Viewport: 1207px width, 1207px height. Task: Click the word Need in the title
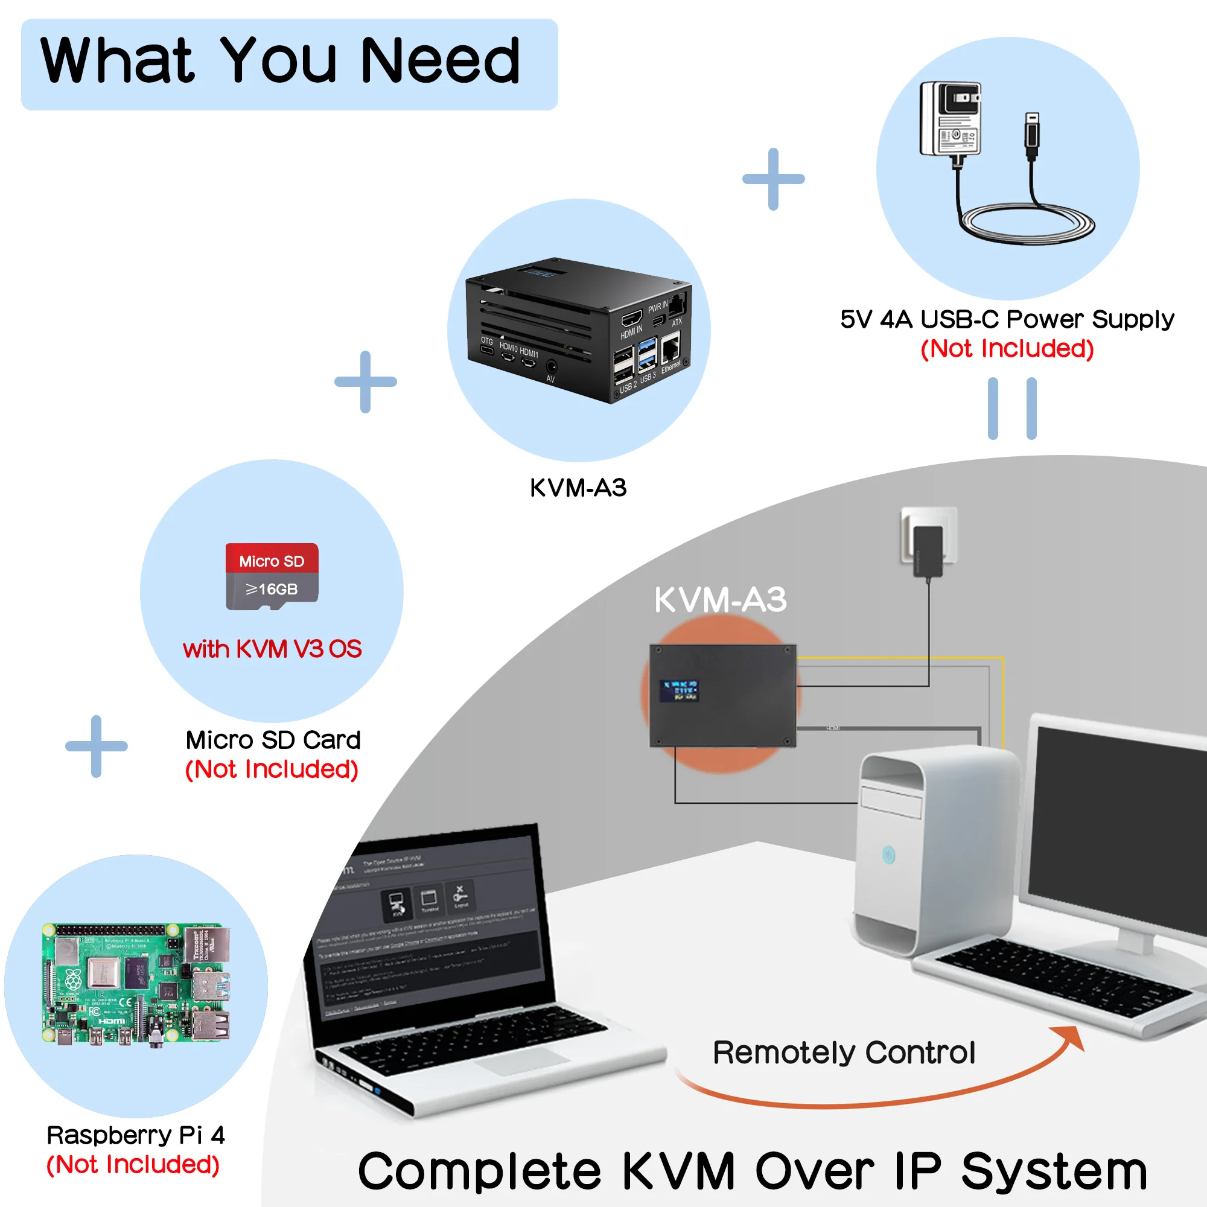[x=440, y=61]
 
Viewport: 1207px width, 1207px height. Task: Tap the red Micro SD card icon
[x=272, y=576]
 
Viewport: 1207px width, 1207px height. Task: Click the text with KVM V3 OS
[x=272, y=649]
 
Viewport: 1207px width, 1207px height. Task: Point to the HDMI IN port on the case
[x=632, y=319]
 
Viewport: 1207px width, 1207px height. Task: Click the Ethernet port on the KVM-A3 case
[x=670, y=347]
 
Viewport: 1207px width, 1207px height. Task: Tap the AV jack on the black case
[x=551, y=367]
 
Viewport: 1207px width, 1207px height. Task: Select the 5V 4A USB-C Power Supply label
[x=1007, y=319]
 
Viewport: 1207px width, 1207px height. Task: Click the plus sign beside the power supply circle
[x=773, y=179]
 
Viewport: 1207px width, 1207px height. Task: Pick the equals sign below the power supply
[x=1011, y=409]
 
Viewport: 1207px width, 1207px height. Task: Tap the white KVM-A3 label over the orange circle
[x=721, y=600]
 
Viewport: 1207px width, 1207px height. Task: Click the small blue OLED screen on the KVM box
[x=679, y=690]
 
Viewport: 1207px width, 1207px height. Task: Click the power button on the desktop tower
[x=888, y=854]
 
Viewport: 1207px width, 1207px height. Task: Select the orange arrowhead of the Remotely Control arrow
[x=1071, y=1037]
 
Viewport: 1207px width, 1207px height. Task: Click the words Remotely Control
[x=844, y=1053]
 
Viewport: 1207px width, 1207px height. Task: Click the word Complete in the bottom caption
[x=479, y=1171]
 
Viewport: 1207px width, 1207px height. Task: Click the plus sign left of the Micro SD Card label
[x=96, y=746]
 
